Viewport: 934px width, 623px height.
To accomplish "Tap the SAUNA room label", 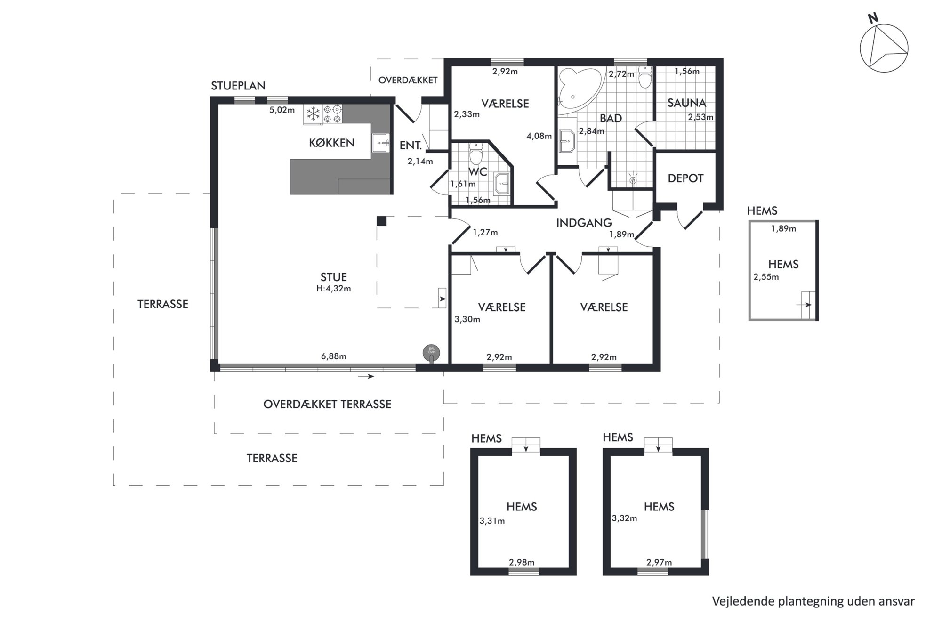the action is pos(686,103).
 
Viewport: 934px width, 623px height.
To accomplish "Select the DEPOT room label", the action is pos(685,178).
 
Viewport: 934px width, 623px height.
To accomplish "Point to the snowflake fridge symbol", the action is pos(313,114).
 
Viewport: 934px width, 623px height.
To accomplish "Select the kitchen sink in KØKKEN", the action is pos(380,143).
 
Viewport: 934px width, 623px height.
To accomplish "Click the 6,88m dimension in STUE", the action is pos(333,356).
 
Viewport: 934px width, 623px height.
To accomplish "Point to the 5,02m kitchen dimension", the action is pos(282,110).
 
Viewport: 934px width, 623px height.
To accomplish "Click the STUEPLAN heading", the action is pos(238,86).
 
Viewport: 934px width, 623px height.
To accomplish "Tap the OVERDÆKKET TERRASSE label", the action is pos(327,404).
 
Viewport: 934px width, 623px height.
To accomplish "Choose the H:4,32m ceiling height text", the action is pos(333,289).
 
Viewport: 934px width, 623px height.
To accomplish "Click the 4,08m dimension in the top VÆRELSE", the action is pos(539,136).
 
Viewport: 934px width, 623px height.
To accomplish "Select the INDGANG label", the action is pos(584,223).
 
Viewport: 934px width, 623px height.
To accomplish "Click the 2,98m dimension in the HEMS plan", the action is pos(522,562).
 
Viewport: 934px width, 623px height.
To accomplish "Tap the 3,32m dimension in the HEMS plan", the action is pos(624,518).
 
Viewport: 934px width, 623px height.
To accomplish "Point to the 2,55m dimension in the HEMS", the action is pos(766,277).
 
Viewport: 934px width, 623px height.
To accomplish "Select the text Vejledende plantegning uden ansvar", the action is pos(813,601).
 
